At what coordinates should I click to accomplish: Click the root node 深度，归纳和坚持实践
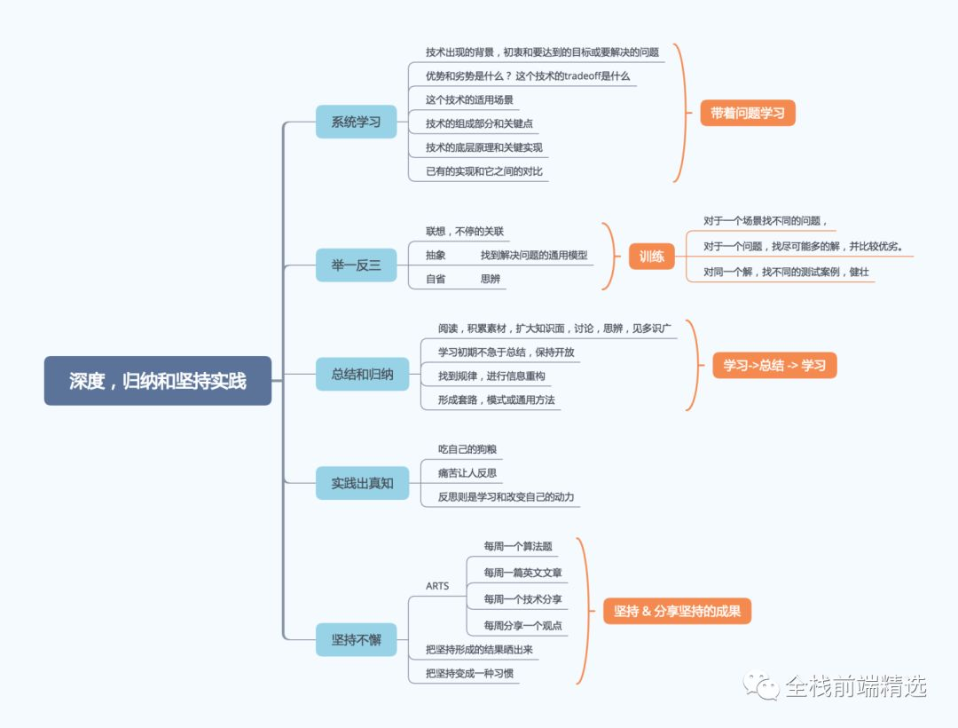pyautogui.click(x=158, y=381)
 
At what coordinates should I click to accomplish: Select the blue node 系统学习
pyautogui.click(x=356, y=122)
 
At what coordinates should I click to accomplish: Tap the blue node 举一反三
pyautogui.click(x=356, y=265)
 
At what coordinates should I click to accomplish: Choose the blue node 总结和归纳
pyautogui.click(x=362, y=374)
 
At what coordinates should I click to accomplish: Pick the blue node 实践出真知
pyautogui.click(x=362, y=483)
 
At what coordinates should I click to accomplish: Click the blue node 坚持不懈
pyautogui.click(x=356, y=639)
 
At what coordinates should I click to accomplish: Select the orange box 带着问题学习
pyautogui.click(x=748, y=113)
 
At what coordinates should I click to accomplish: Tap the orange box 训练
pyautogui.click(x=651, y=256)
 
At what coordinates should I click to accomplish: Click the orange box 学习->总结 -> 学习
pyautogui.click(x=774, y=365)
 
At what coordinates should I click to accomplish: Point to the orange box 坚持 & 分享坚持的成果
pyautogui.click(x=677, y=611)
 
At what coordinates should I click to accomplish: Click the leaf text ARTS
pyautogui.click(x=437, y=586)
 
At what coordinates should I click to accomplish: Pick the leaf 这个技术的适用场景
pyautogui.click(x=469, y=99)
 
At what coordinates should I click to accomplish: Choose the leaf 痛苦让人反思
pyautogui.click(x=467, y=472)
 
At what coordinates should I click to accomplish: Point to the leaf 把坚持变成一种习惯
pyautogui.click(x=469, y=673)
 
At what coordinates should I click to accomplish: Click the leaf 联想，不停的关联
pyautogui.click(x=465, y=232)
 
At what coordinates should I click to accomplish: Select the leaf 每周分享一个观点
pyautogui.click(x=522, y=625)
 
